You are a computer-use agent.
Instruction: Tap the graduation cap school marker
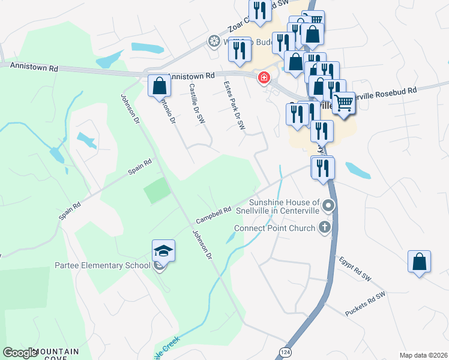coord(163,251)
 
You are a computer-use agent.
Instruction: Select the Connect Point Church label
coord(274,228)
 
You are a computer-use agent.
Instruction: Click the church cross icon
coord(325,227)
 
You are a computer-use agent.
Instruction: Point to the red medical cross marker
coord(264,79)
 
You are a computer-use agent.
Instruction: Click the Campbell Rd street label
coord(213,214)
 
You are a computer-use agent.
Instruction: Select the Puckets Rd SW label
coord(364,304)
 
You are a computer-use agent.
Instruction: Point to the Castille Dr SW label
coord(197,104)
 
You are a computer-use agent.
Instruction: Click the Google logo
coord(20,353)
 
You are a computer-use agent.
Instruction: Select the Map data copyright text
coord(423,355)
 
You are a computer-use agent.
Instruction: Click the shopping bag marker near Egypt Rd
coord(419,262)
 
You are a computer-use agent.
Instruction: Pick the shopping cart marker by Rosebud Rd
coord(343,103)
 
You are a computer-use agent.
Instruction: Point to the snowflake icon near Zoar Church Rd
coord(213,41)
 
